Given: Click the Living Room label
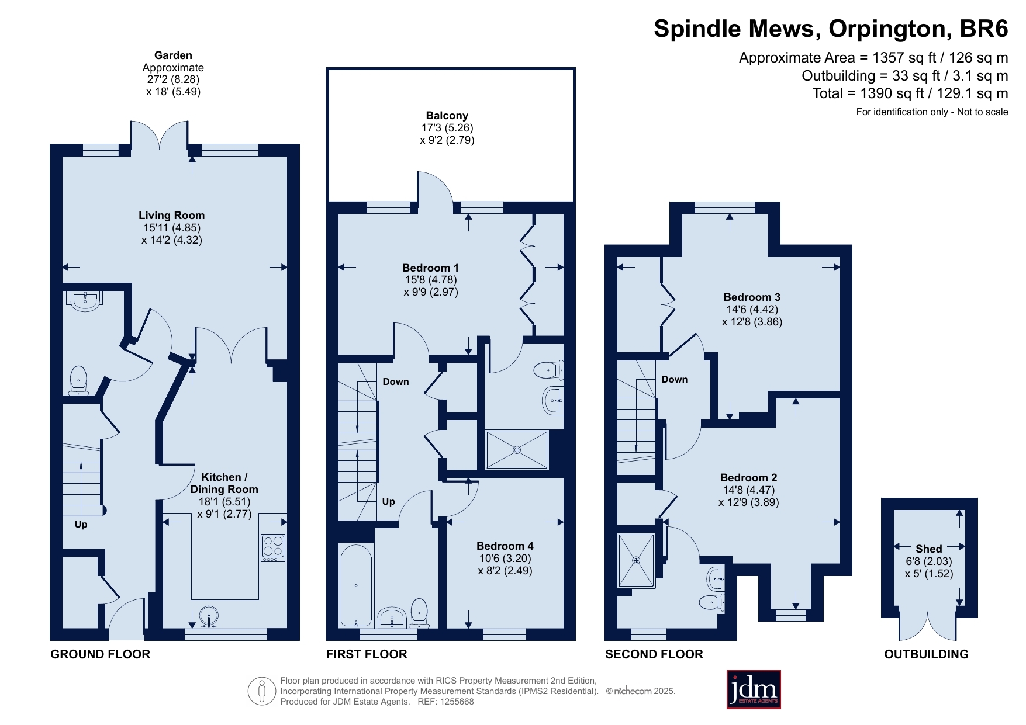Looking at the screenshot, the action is click(x=171, y=216).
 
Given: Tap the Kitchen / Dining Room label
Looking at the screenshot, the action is click(x=224, y=483).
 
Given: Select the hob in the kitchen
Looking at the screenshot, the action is click(x=273, y=548).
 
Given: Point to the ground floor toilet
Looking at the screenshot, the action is click(x=78, y=380).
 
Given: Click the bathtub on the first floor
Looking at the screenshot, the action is click(x=356, y=585).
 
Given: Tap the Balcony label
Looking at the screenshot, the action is click(x=447, y=116).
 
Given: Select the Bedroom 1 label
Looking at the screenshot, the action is click(x=430, y=268).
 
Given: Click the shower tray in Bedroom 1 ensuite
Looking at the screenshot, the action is click(x=517, y=450).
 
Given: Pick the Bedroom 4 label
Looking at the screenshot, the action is click(x=505, y=546).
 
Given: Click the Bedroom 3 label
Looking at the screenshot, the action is click(x=752, y=297).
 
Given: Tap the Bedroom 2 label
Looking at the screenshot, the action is click(x=748, y=478).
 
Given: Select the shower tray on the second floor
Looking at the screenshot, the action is click(x=636, y=560).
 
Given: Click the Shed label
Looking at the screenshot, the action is click(x=929, y=549).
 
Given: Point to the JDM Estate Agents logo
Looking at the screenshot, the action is click(x=754, y=689).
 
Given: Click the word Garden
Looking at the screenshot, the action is click(x=173, y=55).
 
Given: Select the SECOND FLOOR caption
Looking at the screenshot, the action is click(x=654, y=654).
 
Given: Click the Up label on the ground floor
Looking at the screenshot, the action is click(x=81, y=525).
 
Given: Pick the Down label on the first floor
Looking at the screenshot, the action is click(x=396, y=382).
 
